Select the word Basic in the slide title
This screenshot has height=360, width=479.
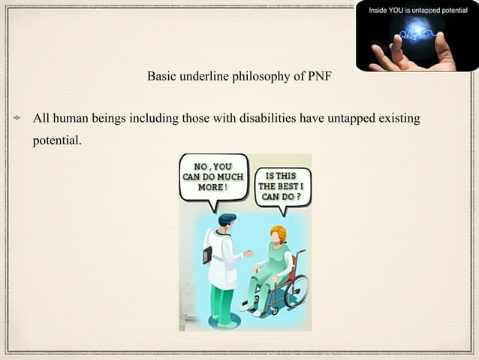161,77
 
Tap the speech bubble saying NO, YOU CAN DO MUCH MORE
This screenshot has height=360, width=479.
213,177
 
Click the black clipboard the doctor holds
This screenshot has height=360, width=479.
206,255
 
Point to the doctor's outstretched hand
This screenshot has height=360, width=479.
249,255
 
